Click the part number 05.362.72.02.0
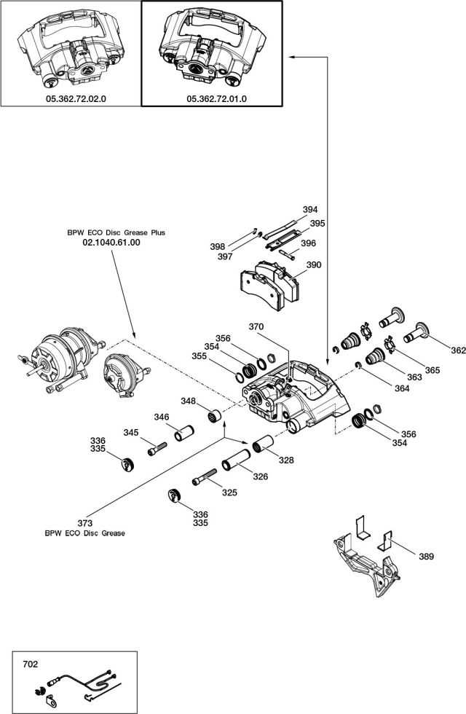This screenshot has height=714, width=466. [71, 98]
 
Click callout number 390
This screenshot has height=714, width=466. [313, 266]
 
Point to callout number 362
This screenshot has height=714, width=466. [458, 350]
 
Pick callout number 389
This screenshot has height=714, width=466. [426, 557]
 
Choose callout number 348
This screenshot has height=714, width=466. [189, 401]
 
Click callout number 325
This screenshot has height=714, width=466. [229, 493]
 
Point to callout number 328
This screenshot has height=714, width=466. [286, 460]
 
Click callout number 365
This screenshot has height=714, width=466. [433, 370]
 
